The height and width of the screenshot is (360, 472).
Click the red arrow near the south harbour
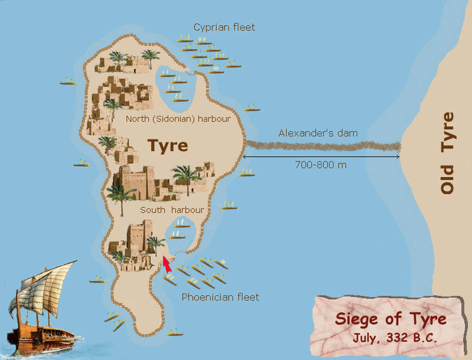click(168, 264)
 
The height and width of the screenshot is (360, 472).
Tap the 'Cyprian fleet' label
click(224, 27)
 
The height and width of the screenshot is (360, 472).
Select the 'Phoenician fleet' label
click(220, 296)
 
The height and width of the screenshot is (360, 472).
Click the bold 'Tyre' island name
click(168, 145)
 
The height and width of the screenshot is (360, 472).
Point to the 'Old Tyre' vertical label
click(447, 154)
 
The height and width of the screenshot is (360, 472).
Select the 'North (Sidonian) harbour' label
click(178, 119)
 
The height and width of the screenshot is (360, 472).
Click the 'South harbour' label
click(172, 210)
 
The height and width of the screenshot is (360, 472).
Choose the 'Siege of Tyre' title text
click(391, 318)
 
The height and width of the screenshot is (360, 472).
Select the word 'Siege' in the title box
click(359, 318)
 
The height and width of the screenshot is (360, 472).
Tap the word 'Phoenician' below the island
click(207, 296)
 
